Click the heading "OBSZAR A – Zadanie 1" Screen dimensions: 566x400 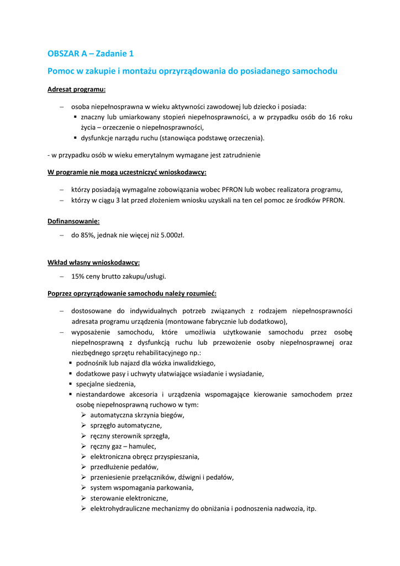coord(91,54)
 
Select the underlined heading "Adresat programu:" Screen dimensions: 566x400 coord(76,89)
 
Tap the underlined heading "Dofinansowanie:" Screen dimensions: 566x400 coord(73,221)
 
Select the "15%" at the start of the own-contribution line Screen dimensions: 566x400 coord(78,276)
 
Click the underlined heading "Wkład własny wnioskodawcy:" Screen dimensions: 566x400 coord(93,262)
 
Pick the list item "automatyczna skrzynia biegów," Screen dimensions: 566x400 coord(137,415)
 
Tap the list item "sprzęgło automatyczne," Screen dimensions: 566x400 coord(126,426)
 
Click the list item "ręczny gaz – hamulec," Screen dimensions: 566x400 coord(123,446)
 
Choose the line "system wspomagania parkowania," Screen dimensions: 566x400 coord(142,488)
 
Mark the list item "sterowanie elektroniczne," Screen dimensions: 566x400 coord(129,498)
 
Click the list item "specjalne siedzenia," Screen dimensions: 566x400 coord(106,384)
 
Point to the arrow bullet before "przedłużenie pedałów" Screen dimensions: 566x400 coord(83,467)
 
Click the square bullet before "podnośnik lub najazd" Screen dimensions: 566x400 coord(71,363)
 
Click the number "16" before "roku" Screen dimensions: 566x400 coord(333,117)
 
